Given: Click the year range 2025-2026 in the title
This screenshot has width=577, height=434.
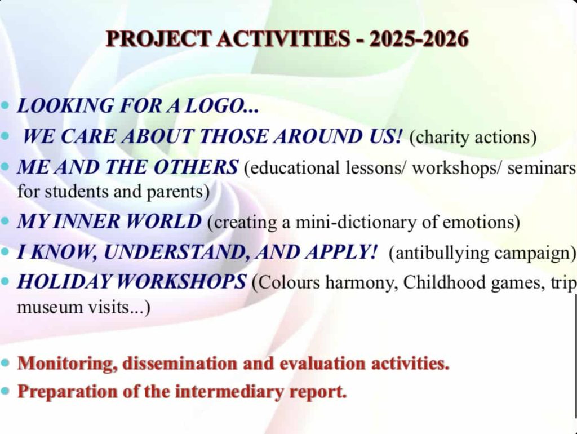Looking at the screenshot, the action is tap(419, 38).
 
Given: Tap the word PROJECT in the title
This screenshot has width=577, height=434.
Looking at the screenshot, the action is tap(158, 38).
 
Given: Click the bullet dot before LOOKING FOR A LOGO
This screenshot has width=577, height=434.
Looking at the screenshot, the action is tap(5, 105).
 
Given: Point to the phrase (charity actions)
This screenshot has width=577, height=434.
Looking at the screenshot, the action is tap(473, 137).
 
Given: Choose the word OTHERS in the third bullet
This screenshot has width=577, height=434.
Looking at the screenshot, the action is tap(196, 167).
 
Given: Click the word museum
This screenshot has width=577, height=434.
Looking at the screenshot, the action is tap(44, 307).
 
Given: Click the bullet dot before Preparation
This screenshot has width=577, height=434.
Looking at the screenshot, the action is tap(5, 391).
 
